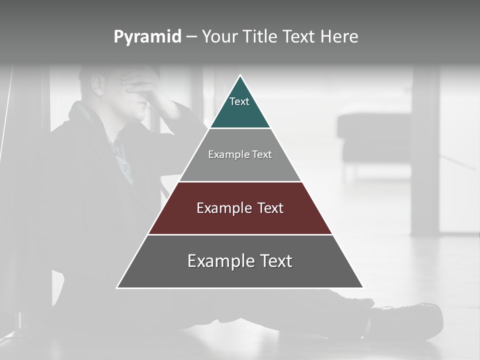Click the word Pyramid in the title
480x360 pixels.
pos(147,37)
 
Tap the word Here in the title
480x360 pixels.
pos(339,37)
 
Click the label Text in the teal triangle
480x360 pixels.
pos(239,101)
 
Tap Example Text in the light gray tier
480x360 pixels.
pos(240,154)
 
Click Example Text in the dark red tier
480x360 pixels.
pos(240,208)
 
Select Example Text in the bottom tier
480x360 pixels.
pos(240,261)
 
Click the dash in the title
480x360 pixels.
pos(191,37)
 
